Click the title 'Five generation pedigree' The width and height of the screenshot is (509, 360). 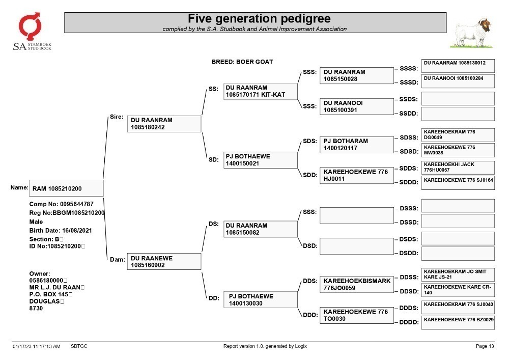pyautogui.click(x=259, y=18)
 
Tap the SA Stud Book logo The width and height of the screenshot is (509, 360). pyautogui.click(x=32, y=31)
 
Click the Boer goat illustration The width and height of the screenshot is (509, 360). pyautogui.click(x=472, y=34)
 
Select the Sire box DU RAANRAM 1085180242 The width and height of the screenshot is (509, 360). pyautogui.click(x=164, y=124)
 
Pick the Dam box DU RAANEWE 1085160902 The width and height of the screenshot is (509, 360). pyautogui.click(x=164, y=261)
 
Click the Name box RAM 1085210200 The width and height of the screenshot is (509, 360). pyautogui.click(x=66, y=188)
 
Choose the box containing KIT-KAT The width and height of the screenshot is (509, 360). pyautogui.click(x=260, y=91)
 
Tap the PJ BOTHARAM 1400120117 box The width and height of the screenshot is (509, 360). pyautogui.click(x=356, y=145)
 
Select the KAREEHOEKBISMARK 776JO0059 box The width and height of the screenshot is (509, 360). pyautogui.click(x=356, y=284)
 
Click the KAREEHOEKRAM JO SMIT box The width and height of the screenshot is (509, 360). pyautogui.click(x=458, y=274)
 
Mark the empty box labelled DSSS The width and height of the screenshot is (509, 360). pyautogui.click(x=458, y=206)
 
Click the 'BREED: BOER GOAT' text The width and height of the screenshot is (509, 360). pyautogui.click(x=242, y=62)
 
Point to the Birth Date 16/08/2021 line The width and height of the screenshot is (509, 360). pyautogui.click(x=61, y=231)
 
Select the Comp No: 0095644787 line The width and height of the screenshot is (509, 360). pyautogui.click(x=62, y=204)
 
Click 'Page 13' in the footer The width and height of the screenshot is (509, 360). pyautogui.click(x=485, y=346)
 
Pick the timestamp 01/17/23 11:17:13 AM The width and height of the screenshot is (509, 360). pyautogui.click(x=36, y=346)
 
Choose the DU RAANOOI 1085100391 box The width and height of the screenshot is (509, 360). pyautogui.click(x=356, y=106)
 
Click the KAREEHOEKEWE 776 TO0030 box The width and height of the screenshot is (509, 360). pyautogui.click(x=356, y=315)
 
